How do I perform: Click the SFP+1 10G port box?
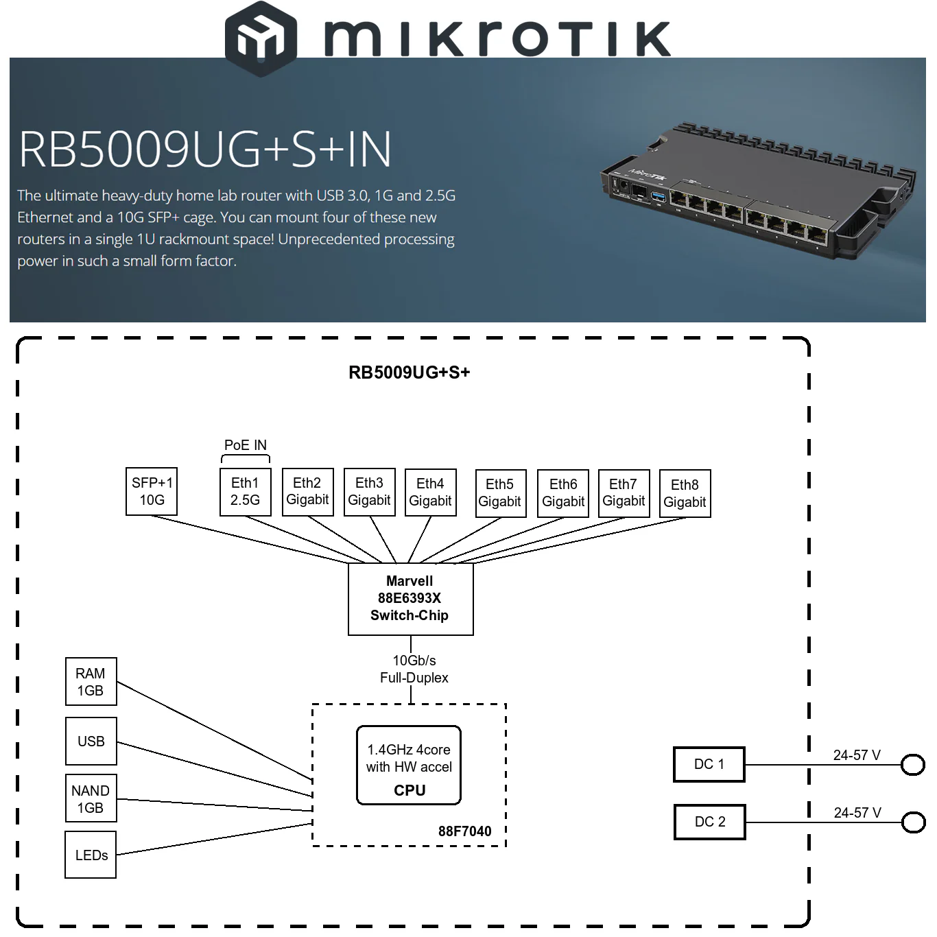point(152,491)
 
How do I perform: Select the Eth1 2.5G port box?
point(245,491)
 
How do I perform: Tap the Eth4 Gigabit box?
point(430,492)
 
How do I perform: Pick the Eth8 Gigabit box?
point(685,493)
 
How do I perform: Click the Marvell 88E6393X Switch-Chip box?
point(410,598)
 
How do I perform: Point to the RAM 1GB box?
point(91,682)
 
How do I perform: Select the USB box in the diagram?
point(91,741)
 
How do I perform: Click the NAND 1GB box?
point(91,798)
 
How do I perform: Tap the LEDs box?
point(91,855)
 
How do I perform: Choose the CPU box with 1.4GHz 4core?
point(409,766)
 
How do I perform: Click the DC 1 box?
point(709,764)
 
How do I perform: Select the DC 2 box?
point(709,822)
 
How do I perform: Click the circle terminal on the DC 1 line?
point(912,764)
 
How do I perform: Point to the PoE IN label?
point(245,445)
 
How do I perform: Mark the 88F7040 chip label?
point(464,831)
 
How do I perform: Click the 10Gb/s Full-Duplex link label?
point(414,669)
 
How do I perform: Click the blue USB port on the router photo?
point(657,198)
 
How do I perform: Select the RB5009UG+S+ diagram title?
point(409,372)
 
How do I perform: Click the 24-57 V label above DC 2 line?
point(857,813)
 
